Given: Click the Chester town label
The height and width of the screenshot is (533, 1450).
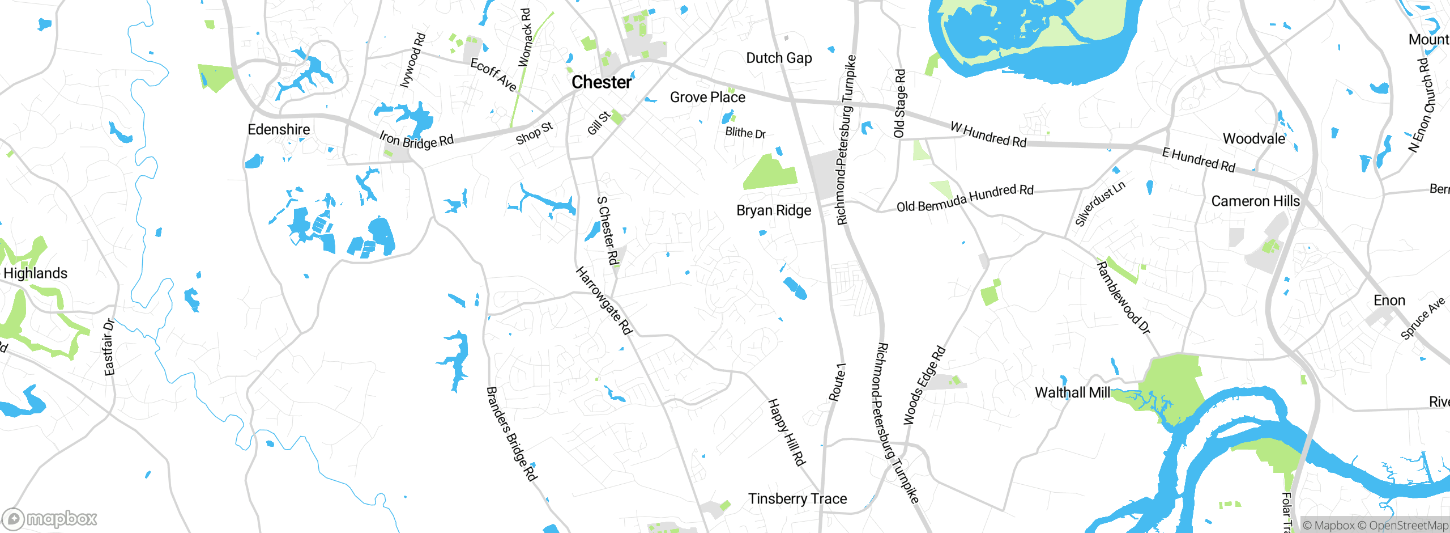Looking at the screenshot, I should tap(601, 82).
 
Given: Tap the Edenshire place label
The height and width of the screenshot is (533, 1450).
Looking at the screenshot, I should tap(279, 130).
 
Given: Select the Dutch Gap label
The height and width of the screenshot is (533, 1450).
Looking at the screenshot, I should tap(779, 58).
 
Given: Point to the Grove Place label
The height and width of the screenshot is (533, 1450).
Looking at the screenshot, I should tap(707, 98).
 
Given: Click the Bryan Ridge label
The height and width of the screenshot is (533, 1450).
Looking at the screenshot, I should tap(774, 210).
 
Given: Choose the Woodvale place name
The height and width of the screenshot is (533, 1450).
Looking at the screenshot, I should tap(1254, 139).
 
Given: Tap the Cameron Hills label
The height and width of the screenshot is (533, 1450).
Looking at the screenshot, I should tap(1255, 201).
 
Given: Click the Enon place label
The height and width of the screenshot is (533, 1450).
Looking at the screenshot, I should tap(1389, 301).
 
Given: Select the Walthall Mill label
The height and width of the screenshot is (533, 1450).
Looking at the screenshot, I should tap(1072, 392).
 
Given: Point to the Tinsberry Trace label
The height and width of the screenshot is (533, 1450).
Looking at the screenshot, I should tap(797, 499).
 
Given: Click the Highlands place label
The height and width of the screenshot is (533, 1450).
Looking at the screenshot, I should tap(35, 273).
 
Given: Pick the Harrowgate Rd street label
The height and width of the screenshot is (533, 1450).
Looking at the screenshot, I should tap(604, 301).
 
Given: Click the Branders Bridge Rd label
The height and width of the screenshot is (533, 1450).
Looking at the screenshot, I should tap(511, 434).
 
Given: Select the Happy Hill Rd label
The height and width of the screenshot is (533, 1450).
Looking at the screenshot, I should tap(786, 432).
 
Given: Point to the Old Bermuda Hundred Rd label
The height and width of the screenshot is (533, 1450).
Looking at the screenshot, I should tap(965, 198).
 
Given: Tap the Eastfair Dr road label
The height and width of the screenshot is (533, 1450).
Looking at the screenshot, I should tap(109, 348).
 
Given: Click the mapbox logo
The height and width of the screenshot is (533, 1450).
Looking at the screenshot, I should tap(50, 519).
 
